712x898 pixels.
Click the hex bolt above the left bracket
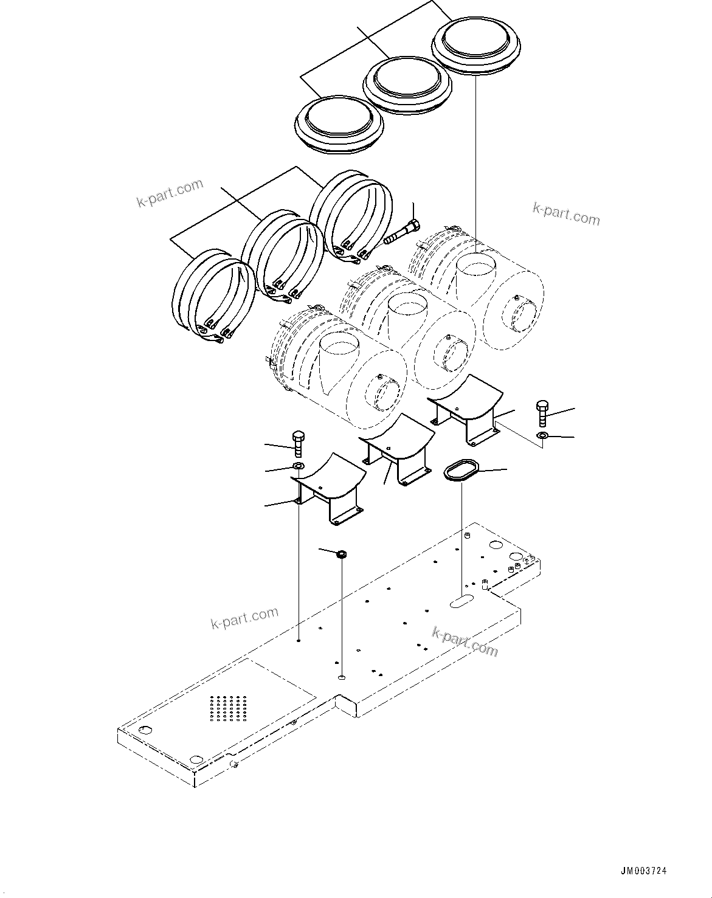coord(298,444)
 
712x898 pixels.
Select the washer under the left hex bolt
coord(299,466)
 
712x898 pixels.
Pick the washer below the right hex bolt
coord(542,435)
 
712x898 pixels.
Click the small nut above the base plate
coord(342,554)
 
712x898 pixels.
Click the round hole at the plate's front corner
coord(196,759)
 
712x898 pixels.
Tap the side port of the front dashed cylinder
coord(385,395)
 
